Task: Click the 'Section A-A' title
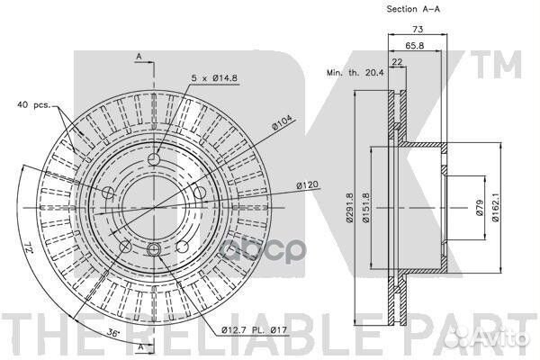click(x=413, y=9)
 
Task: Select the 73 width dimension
click(x=418, y=30)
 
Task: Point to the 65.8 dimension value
click(x=414, y=45)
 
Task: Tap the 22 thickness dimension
click(x=397, y=62)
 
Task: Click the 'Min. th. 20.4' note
click(x=355, y=73)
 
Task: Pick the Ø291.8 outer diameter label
click(x=350, y=208)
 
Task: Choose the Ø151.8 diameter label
click(x=365, y=208)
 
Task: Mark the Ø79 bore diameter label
click(x=480, y=208)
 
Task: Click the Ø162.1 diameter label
click(x=495, y=208)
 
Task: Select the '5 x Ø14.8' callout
click(x=214, y=78)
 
